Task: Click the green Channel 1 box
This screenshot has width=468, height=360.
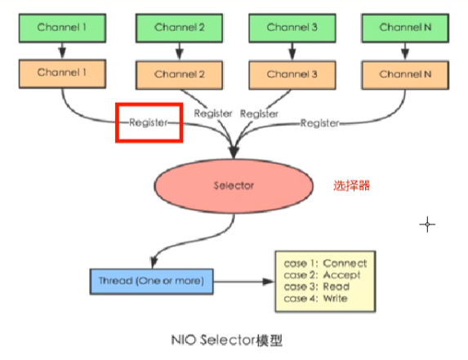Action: click(62, 28)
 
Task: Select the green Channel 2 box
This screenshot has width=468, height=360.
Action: click(179, 28)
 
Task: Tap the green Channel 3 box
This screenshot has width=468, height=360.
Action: click(292, 28)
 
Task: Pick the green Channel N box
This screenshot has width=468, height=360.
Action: click(405, 28)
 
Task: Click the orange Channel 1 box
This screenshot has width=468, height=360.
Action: click(62, 73)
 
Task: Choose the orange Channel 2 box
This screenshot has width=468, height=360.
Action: click(179, 75)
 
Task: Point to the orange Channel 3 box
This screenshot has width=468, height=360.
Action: click(292, 75)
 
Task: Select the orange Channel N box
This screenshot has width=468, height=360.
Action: click(405, 75)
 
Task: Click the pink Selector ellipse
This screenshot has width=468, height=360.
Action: click(234, 186)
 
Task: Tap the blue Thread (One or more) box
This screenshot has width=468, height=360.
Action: click(152, 282)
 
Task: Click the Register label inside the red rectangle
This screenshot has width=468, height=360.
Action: click(149, 122)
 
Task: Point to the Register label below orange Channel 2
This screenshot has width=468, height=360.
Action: click(213, 113)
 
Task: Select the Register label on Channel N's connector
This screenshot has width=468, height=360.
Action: click(319, 123)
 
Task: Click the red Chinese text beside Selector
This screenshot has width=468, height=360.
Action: click(351, 185)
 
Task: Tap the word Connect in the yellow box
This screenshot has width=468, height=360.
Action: click(345, 263)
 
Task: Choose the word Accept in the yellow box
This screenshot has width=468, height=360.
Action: click(342, 275)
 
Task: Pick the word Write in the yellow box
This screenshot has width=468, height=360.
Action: click(335, 298)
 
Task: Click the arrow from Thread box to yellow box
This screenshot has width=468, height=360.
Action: click(243, 282)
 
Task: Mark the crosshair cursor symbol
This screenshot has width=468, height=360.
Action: click(427, 224)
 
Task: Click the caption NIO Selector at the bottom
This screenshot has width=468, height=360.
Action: click(213, 340)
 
